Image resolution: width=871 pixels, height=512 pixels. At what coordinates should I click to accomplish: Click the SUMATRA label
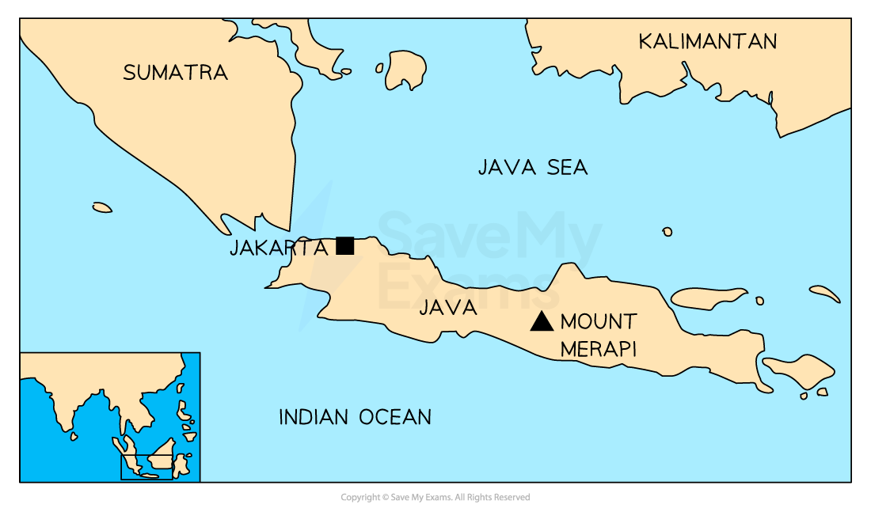[175, 73]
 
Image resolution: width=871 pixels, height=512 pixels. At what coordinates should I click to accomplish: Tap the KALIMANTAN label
[708, 41]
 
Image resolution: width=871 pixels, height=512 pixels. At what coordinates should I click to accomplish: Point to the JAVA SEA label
[532, 167]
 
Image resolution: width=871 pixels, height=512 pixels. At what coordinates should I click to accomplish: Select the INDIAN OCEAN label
[355, 417]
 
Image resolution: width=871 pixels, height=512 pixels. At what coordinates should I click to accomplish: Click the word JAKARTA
[278, 248]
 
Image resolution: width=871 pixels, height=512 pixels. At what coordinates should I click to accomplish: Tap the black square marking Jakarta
[344, 245]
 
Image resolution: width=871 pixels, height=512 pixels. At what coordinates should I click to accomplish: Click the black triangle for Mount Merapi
[542, 321]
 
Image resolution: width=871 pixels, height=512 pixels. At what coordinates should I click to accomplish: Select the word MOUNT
[598, 321]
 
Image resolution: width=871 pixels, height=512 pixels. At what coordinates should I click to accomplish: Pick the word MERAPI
[598, 349]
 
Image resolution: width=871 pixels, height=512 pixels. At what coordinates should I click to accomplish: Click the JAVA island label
[448, 308]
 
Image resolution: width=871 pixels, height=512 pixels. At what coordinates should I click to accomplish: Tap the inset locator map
[110, 416]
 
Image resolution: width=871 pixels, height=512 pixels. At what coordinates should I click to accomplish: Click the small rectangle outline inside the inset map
[146, 467]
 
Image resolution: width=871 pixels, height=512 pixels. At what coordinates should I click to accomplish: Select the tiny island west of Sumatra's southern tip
[102, 207]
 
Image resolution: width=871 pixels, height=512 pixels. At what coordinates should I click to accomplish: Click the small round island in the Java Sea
[668, 232]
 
